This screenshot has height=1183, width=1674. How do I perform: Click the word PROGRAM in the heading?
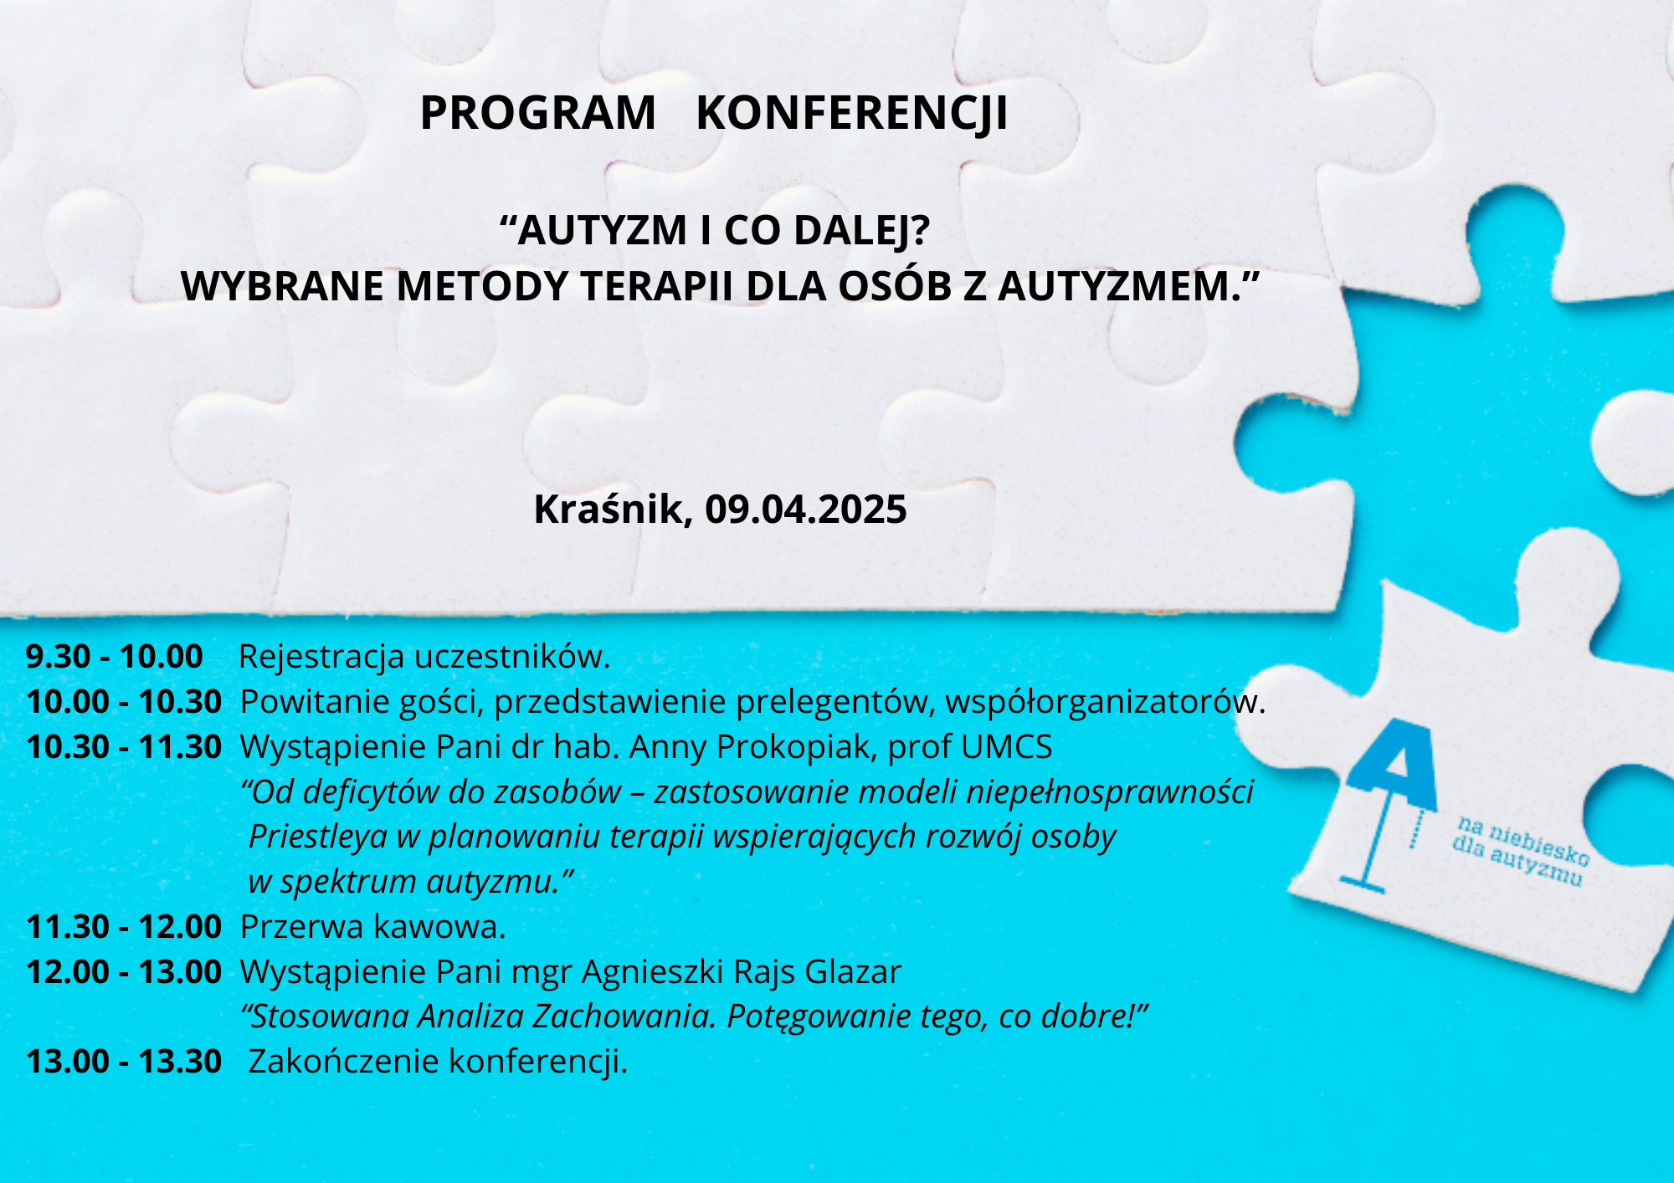pyautogui.click(x=537, y=113)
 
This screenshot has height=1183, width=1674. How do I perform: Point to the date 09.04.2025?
pyautogui.click(x=805, y=510)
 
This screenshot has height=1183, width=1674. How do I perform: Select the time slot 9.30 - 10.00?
pyautogui.click(x=115, y=657)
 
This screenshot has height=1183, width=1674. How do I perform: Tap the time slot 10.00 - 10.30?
pyautogui.click(x=124, y=702)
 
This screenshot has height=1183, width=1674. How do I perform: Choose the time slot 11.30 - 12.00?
pyautogui.click(x=124, y=927)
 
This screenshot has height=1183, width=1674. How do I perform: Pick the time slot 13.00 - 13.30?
pyautogui.click(x=124, y=1062)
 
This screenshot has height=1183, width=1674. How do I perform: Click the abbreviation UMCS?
pyautogui.click(x=1007, y=747)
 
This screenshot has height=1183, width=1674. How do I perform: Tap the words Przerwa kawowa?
pyautogui.click(x=373, y=927)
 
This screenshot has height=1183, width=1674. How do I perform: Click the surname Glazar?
pyautogui.click(x=853, y=972)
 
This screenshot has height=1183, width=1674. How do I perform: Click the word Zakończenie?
pyautogui.click(x=344, y=1062)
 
